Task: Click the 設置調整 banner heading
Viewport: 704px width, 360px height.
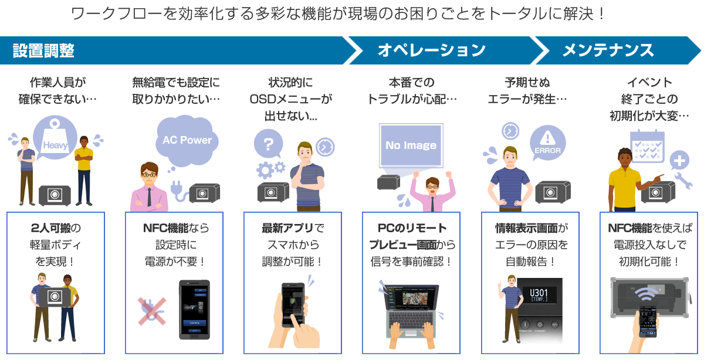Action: (x=44, y=50)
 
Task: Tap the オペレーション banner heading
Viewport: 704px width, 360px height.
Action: (x=431, y=50)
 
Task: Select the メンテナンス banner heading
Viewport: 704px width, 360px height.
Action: (x=608, y=50)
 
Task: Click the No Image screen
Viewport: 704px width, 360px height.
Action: (x=411, y=145)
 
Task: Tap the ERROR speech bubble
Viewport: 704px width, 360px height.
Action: (x=547, y=144)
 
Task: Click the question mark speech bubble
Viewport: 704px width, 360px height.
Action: (x=268, y=144)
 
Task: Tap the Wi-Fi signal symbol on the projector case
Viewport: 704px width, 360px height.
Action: (x=646, y=292)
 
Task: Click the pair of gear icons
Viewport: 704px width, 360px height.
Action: (x=270, y=169)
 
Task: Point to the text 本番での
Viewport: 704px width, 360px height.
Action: (x=410, y=83)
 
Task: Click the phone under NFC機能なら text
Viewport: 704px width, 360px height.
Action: (x=194, y=309)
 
